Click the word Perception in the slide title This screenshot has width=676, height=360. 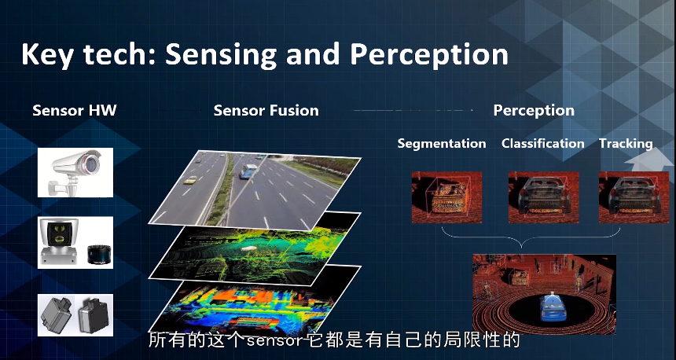428,54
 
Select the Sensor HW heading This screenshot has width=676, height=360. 75,110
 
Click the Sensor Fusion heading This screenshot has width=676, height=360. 266,110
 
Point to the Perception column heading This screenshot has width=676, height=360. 534,110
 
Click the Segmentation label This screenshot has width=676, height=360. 442,144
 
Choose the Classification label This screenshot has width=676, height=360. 543,143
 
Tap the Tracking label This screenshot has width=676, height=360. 626,144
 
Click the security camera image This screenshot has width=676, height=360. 75,172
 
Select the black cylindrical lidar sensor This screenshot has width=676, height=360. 97,255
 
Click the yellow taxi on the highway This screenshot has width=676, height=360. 189,180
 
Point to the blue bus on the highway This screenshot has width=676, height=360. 247,171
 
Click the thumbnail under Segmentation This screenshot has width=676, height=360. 446,197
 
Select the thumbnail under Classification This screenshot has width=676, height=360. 544,197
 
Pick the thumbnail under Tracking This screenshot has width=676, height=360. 634,197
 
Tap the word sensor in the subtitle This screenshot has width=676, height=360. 274,341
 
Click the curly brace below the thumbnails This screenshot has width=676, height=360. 521,240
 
